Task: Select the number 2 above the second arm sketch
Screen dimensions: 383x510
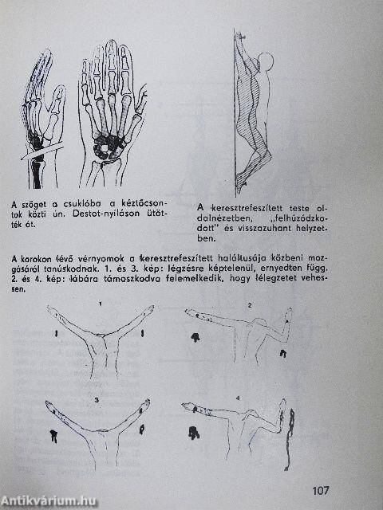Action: coord(249,305)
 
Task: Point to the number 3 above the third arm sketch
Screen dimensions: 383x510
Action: coord(97,398)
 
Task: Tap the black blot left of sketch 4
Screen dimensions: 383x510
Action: coord(194,433)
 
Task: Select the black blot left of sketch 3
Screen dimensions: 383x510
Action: coord(53,435)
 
